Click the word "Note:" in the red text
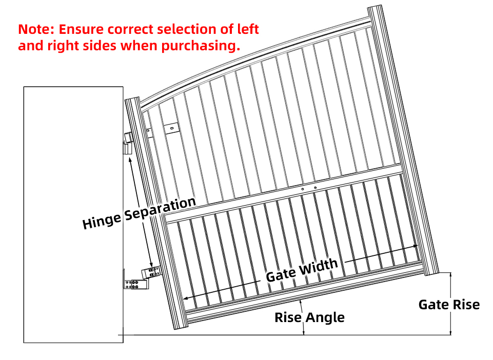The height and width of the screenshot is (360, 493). point(36,29)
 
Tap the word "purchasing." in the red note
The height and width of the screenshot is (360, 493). point(200,46)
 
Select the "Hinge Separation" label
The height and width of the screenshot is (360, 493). point(139,213)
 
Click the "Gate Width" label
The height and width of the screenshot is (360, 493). point(302,270)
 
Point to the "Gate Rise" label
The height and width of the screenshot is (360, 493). point(449,304)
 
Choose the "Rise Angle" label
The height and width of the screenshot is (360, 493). point(309,317)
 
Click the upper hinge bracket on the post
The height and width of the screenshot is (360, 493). point(128,144)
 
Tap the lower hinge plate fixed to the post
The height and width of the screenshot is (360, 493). point(135,284)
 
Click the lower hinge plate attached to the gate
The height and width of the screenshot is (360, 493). point(151,272)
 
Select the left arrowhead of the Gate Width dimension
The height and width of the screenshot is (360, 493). point(186,298)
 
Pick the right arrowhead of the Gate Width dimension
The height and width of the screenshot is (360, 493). point(415,246)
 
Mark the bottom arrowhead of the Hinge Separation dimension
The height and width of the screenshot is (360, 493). point(151,265)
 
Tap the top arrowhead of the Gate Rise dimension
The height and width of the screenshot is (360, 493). point(450,275)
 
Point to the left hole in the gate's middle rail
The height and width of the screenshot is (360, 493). point(303,189)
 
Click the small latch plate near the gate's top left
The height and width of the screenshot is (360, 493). point(171,128)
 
